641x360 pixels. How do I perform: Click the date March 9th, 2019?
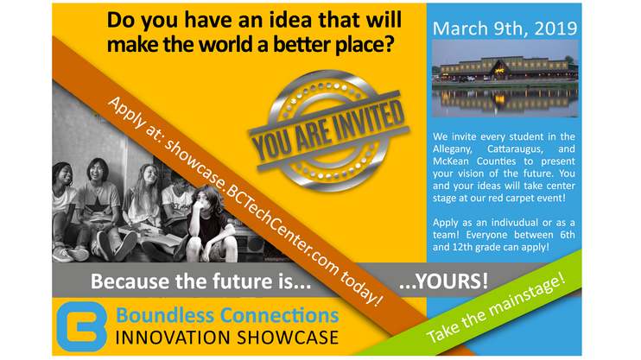505,28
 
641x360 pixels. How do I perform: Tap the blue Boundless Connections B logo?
81,326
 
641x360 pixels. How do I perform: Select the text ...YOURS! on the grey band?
443,281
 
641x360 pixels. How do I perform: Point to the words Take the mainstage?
496,309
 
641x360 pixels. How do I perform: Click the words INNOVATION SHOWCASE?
227,338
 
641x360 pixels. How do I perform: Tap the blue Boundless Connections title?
227,315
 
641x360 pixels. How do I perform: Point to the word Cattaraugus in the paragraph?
515,149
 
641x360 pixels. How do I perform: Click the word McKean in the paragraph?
450,161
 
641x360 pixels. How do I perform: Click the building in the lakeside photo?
504,69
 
